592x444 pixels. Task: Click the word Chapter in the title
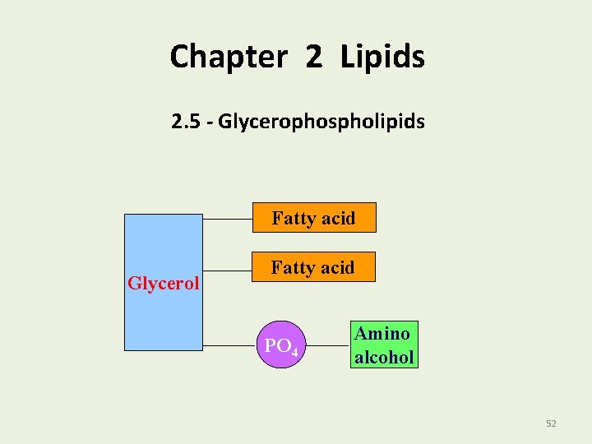coord(228,57)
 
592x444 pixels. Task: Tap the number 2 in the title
coord(313,57)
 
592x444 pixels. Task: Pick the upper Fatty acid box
coord(313,218)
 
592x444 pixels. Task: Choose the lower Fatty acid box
coord(313,267)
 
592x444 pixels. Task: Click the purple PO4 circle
coord(279,345)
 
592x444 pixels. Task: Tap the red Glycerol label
coord(164,284)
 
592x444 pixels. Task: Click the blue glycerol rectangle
coord(163,247)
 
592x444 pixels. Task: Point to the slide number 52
coord(551,423)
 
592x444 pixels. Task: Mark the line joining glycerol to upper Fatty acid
coord(226,220)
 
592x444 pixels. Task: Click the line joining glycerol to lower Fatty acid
coord(226,269)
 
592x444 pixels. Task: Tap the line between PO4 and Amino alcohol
coord(325,345)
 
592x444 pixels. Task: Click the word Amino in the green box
coord(382,334)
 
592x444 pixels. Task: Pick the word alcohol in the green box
coord(382,357)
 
